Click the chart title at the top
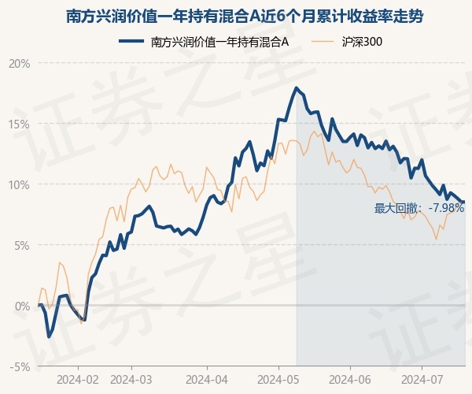(x=245, y=17)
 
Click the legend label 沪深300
(x=362, y=42)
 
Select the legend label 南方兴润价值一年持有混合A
(x=219, y=42)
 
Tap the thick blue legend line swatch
(x=131, y=41)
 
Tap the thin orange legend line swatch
(x=322, y=41)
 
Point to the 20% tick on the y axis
(x=19, y=64)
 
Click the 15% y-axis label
(x=19, y=124)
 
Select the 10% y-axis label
(x=19, y=184)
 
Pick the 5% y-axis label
(x=22, y=245)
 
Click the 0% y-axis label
(x=22, y=307)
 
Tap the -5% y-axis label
(x=20, y=367)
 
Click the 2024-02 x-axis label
(x=78, y=380)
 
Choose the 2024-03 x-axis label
(x=131, y=380)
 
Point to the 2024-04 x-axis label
(x=207, y=380)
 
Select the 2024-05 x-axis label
(x=278, y=380)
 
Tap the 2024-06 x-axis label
(x=350, y=380)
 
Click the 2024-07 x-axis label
(x=422, y=380)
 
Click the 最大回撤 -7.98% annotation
(x=419, y=208)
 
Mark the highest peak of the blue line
(x=297, y=87)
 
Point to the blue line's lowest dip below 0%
(x=49, y=336)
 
